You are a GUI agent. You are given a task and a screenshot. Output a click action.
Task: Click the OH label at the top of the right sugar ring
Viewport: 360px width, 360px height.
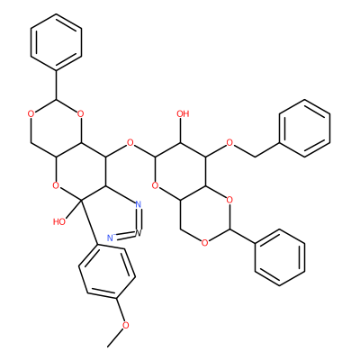coord(183,113)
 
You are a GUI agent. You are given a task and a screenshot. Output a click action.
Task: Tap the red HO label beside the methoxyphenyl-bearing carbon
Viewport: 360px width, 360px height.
coord(59,221)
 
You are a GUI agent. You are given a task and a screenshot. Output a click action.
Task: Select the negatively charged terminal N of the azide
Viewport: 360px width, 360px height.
coord(111,238)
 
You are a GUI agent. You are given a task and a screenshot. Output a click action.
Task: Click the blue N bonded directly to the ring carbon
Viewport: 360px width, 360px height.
coord(138,205)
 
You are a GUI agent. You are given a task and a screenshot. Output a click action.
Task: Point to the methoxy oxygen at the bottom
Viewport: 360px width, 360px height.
coord(126,325)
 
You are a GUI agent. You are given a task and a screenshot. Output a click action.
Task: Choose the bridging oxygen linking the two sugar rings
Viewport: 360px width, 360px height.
coord(130,142)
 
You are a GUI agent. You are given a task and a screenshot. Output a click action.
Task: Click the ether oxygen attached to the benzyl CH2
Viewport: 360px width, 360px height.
coord(229,142)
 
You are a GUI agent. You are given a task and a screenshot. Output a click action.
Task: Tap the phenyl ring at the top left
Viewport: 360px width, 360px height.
coord(56,42)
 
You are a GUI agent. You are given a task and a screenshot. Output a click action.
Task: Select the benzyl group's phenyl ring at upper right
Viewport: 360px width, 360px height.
coord(305,129)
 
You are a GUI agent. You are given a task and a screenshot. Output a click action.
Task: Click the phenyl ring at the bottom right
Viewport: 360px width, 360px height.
coord(280,257)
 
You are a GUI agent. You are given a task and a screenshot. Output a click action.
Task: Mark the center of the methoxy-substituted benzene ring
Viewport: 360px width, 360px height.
coord(106,271)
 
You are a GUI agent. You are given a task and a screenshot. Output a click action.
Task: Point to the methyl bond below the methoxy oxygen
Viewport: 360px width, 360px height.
coord(117,337)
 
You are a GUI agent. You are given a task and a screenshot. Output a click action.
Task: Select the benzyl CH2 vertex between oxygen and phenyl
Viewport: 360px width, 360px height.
coord(255,157)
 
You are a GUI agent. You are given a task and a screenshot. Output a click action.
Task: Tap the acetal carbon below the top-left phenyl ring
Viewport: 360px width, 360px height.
coord(56,100)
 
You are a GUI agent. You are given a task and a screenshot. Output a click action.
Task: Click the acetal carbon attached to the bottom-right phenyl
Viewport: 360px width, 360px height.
coord(229,229)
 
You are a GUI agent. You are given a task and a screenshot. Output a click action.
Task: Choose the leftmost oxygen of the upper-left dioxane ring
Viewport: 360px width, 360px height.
coord(31,113)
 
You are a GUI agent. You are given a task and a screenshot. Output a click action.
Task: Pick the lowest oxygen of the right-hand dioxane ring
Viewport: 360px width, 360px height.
coord(204,242)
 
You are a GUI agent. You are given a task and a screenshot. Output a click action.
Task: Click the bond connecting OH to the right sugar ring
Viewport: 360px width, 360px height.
coord(180,130)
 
